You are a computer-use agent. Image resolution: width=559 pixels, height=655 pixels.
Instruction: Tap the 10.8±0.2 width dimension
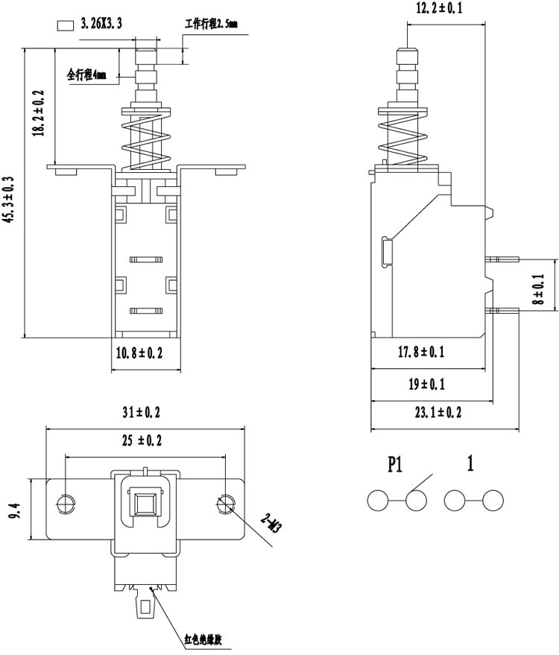(x=138, y=354)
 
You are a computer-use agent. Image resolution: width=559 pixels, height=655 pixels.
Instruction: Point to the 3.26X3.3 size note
(x=101, y=25)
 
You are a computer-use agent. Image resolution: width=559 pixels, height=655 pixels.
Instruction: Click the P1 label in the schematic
(x=394, y=465)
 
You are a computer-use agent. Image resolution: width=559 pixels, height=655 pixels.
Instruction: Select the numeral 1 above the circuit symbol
(x=470, y=464)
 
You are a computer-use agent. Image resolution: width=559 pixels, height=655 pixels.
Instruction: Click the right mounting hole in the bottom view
(x=224, y=504)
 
